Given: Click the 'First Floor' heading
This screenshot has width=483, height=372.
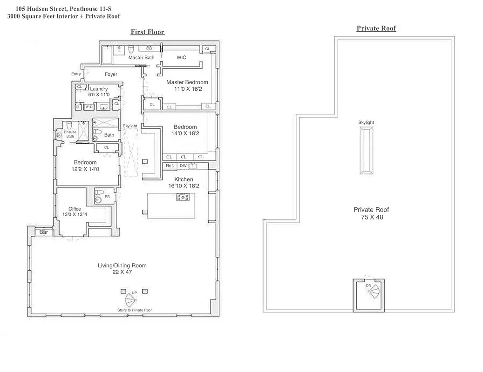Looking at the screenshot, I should pos(147,32).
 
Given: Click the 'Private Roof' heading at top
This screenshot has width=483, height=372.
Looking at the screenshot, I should pos(376,28).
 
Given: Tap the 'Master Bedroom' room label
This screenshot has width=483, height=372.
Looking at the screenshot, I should pos(187,82).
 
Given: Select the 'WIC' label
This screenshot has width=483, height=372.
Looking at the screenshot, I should pos(181,58).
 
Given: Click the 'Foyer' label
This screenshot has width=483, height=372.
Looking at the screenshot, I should pos(111,74).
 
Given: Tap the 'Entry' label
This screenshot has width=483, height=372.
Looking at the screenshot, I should pos(76,74).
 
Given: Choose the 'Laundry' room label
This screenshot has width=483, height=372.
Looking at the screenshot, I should pos(99,89).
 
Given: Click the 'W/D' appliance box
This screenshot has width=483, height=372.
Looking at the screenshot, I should pos(88,107).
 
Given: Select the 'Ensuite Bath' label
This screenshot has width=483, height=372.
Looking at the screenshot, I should pos(69,134).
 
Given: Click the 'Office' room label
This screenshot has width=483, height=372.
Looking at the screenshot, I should pos(75,209).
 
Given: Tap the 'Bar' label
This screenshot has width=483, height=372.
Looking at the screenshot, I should pos(44,232).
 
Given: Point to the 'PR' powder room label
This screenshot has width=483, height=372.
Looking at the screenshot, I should pos(107,197).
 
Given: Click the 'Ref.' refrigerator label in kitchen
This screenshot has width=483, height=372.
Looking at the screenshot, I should pos(170,166).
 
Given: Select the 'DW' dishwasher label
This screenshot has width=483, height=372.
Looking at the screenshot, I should pos(183,166).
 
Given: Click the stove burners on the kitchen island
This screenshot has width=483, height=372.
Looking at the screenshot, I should pos(182,197).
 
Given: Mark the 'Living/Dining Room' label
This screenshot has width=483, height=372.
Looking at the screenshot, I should pos(122,266).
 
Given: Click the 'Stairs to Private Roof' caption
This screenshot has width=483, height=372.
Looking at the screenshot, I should pos(134,310).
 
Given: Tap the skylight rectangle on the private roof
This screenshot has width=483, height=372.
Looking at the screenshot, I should pos(366,151).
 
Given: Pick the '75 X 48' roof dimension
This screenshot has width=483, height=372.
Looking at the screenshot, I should pos(372,217).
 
